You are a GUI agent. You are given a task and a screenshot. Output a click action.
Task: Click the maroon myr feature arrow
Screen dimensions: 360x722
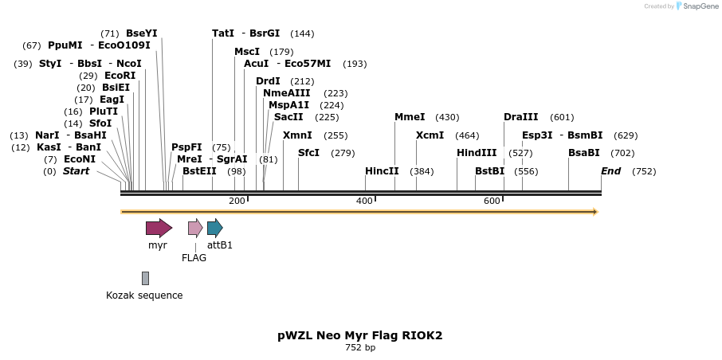(x=159, y=228)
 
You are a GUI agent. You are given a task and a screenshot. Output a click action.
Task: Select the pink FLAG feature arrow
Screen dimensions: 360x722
(x=195, y=228)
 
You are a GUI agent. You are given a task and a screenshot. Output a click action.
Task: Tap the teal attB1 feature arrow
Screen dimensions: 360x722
(x=214, y=228)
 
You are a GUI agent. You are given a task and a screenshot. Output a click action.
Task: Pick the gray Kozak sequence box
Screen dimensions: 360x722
(x=145, y=278)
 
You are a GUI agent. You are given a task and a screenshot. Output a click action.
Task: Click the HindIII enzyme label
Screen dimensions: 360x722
(x=477, y=153)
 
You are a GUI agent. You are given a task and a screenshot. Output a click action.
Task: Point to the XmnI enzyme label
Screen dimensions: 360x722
(x=297, y=135)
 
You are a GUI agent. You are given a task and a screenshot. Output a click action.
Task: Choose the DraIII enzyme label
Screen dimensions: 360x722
(x=520, y=117)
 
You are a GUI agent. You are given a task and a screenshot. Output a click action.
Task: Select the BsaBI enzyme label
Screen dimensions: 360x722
(x=583, y=153)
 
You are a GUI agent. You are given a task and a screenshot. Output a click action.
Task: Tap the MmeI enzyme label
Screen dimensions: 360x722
(x=410, y=117)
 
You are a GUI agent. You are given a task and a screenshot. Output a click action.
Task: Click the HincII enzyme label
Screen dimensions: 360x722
(x=382, y=171)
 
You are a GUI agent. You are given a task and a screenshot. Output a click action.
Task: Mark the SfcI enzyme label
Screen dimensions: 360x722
(x=308, y=153)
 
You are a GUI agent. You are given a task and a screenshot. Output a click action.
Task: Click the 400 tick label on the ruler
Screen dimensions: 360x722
(x=364, y=201)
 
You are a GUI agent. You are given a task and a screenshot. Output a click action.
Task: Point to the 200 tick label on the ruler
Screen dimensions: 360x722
(x=237, y=201)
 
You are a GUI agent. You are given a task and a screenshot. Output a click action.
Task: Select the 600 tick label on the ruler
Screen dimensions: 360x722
(x=492, y=201)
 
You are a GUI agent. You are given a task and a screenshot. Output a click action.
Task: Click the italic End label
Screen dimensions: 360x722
(x=610, y=171)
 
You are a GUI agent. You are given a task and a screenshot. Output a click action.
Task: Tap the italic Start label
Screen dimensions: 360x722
(x=77, y=171)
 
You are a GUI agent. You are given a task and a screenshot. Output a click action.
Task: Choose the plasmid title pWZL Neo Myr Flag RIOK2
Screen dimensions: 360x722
(x=360, y=335)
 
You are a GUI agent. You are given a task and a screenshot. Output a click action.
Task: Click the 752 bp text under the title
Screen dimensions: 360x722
(x=360, y=348)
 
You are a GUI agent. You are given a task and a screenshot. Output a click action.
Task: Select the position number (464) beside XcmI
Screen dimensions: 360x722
(x=467, y=135)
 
